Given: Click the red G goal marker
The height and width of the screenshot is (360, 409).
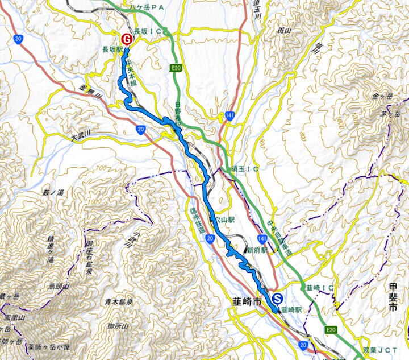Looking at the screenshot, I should (x=127, y=39).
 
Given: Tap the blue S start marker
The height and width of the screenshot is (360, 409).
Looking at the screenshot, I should (x=277, y=297).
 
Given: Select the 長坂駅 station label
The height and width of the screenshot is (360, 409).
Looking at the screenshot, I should (x=112, y=50).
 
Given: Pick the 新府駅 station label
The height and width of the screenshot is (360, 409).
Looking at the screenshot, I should (x=256, y=250).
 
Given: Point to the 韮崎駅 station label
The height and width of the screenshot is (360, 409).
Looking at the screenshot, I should (x=291, y=311).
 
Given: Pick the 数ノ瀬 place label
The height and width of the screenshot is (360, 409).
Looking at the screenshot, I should (x=54, y=193).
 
